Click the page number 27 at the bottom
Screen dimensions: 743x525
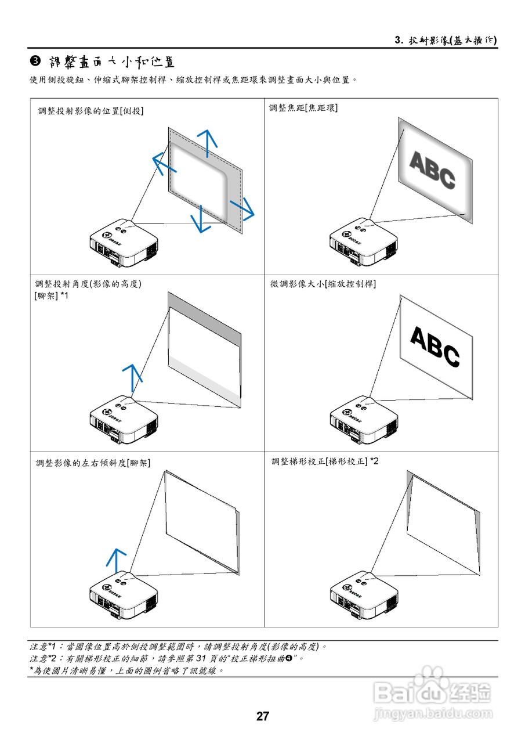coord(263,716)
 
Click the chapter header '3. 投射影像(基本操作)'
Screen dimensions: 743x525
coord(445,40)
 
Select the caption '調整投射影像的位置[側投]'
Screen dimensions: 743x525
coord(90,110)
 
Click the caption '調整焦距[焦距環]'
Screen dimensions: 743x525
coord(303,108)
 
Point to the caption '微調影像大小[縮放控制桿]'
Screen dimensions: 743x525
coord(323,284)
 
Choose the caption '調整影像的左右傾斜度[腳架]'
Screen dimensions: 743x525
coord(93,463)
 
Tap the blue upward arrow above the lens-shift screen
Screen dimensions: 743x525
coord(207,140)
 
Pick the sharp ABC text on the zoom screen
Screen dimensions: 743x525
coord(435,347)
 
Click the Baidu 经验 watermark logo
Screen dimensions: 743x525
coord(433,692)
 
